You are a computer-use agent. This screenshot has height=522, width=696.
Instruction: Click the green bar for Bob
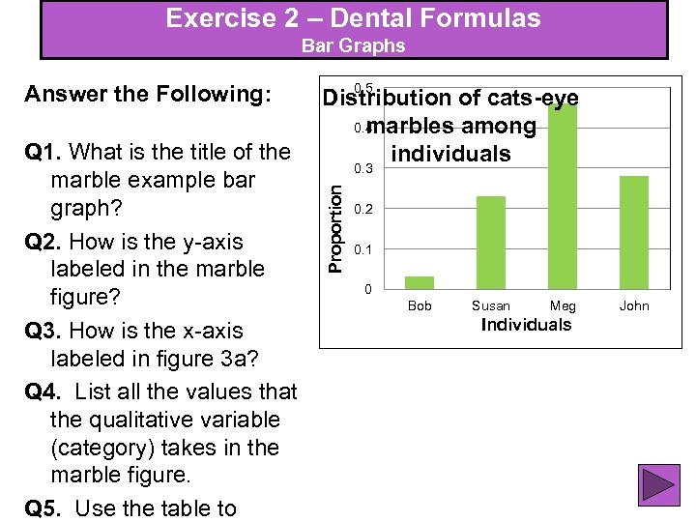tap(420, 282)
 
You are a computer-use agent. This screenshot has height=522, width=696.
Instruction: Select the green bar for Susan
tap(491, 242)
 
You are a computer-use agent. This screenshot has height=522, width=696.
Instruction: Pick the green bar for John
tap(634, 232)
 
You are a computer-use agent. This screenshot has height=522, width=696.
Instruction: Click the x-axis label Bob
tap(420, 305)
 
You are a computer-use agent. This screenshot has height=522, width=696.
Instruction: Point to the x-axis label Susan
tap(491, 305)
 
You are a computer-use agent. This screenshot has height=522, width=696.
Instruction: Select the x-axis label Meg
tap(563, 305)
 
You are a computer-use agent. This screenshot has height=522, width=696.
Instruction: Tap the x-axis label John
tap(634, 305)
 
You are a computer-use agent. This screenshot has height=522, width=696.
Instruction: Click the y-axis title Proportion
tap(334, 228)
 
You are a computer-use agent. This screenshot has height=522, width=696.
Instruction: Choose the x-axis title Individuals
tap(526, 325)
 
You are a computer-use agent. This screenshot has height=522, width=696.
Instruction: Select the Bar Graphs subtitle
tap(353, 45)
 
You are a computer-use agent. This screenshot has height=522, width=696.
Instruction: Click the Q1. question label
tap(45, 152)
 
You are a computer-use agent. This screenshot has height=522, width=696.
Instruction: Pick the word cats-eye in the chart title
tap(534, 98)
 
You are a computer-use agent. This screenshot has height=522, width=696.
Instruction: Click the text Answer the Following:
tap(148, 94)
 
